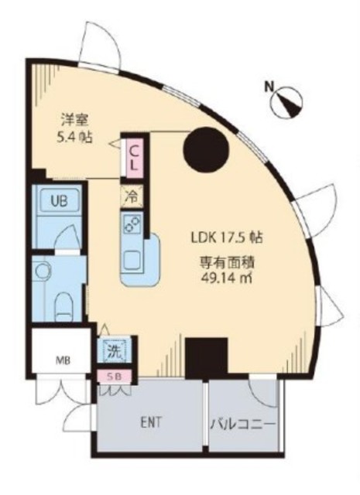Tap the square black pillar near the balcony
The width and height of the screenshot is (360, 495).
[x=205, y=357]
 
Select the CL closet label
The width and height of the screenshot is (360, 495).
[x=133, y=157]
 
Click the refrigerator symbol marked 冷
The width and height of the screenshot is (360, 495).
[x=131, y=196]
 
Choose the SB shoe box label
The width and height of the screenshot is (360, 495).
[x=114, y=377]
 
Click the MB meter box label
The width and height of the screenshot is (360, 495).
[x=60, y=359]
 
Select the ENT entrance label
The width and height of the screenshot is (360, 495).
[x=150, y=423]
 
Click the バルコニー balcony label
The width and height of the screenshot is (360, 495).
[x=243, y=424]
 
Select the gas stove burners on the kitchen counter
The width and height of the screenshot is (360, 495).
[x=131, y=225]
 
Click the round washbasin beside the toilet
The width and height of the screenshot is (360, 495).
[x=43, y=270]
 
